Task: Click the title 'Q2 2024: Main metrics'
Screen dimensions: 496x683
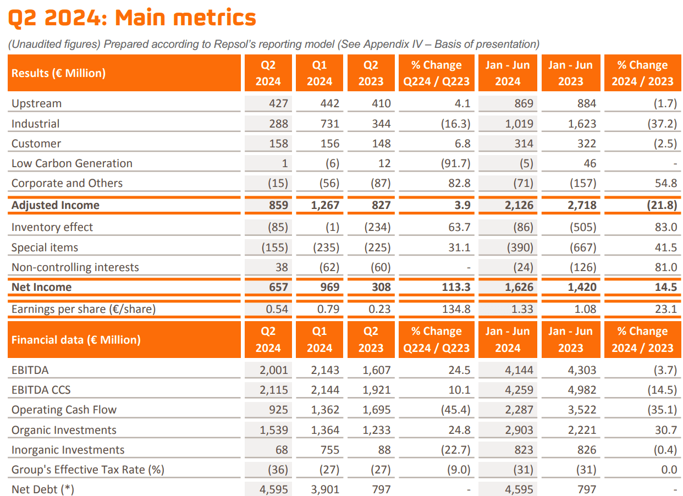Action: point(132,19)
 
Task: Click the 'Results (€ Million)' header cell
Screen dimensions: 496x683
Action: point(58,73)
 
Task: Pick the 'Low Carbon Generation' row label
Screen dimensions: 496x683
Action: point(71,163)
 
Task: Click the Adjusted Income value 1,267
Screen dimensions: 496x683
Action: point(325,205)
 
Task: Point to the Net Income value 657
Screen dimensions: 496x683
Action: point(278,287)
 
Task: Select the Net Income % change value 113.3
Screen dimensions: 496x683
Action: point(456,287)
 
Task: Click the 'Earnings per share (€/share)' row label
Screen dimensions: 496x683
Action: point(83,309)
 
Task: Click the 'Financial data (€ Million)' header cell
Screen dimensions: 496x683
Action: point(76,340)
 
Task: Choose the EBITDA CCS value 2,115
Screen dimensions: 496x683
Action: point(273,390)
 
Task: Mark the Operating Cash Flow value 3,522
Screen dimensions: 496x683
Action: point(582,410)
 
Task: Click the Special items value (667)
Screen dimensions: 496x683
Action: point(582,247)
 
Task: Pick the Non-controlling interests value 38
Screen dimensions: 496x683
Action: point(281,267)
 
